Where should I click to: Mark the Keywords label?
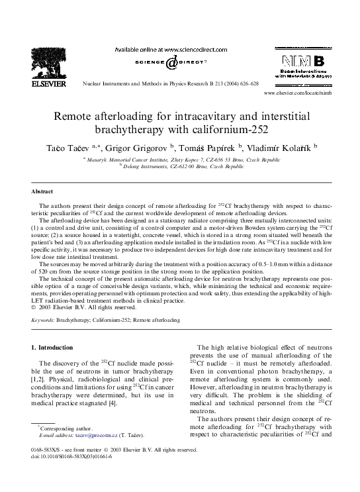click(x=43, y=320)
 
